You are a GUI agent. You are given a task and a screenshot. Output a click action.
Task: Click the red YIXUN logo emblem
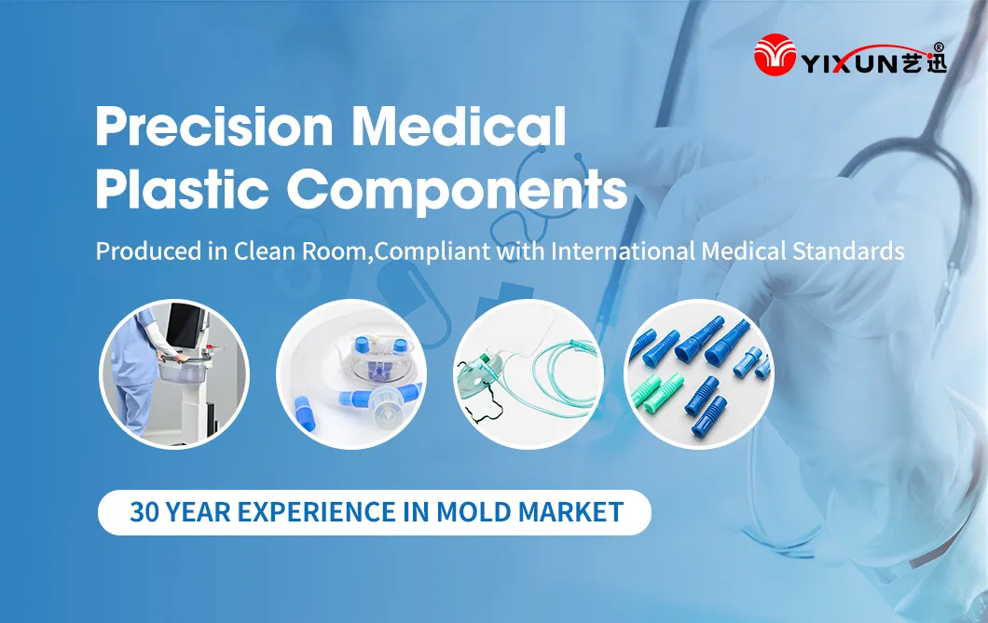(x=776, y=55)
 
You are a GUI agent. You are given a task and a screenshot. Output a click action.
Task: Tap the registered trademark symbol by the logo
(x=938, y=47)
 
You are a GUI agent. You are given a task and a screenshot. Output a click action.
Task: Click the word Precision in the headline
(x=215, y=127)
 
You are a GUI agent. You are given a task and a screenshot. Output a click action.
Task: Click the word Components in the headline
(x=456, y=191)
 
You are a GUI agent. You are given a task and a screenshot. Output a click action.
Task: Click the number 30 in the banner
(x=143, y=512)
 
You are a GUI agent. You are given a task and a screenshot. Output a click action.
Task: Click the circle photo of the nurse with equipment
(x=174, y=373)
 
